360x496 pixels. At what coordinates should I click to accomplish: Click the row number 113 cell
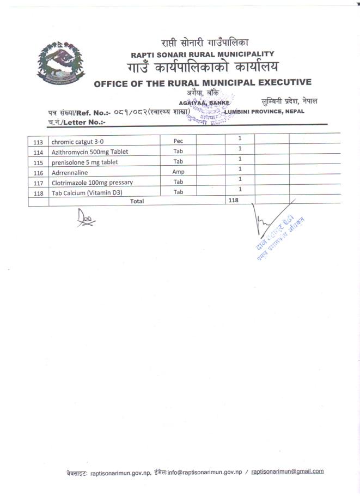pos(38,143)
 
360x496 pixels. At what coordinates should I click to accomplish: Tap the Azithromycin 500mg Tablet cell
pos(90,152)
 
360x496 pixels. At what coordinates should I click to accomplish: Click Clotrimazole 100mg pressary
pos(92,182)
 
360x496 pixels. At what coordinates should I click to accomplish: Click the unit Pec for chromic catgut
pos(178,141)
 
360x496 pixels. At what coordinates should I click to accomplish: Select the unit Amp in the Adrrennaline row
pos(178,172)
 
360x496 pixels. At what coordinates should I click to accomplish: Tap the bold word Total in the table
pos(137,201)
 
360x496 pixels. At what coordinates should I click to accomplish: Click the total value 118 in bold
pos(233,201)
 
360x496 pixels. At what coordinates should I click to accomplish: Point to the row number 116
pos(38,173)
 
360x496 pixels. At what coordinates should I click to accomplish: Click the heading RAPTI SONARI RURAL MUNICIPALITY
pos(202,54)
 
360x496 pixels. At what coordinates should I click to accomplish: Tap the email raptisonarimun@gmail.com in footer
pos(288,471)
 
